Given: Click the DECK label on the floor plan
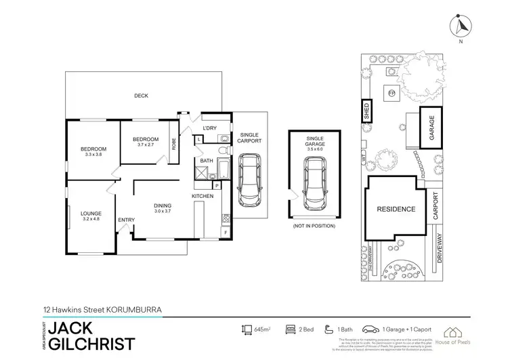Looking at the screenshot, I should click(141, 96).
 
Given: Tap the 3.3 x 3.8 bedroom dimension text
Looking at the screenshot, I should click(93, 155).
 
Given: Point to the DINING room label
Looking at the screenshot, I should click(162, 206).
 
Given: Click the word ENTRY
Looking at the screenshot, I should click(126, 220).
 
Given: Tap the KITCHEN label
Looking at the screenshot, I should click(203, 196).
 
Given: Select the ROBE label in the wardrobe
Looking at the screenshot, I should click(174, 143).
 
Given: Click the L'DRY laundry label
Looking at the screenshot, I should click(209, 128).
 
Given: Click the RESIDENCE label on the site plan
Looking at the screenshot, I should click(396, 209).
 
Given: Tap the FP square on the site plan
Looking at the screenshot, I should click(391, 92).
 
